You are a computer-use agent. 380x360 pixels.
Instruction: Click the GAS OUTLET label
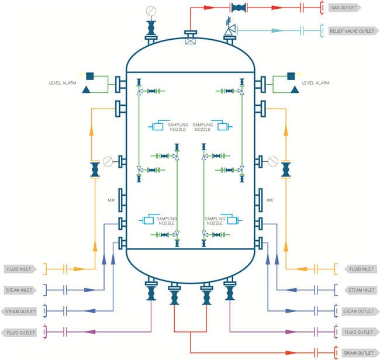click(x=344, y=8)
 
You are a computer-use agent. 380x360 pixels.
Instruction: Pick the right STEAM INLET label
click(x=361, y=289)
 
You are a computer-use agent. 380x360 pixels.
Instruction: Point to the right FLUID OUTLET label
click(x=359, y=333)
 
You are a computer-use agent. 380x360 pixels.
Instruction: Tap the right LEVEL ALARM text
click(x=316, y=84)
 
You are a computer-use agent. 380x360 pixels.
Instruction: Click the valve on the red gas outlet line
click(x=238, y=8)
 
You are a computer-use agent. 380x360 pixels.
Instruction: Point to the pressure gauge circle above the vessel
click(x=151, y=9)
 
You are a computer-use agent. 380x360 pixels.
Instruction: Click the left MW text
click(x=110, y=200)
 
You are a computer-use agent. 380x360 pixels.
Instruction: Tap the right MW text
click(x=270, y=200)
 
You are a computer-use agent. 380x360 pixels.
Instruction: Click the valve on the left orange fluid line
click(x=94, y=170)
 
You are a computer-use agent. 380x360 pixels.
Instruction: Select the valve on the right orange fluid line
click(x=286, y=170)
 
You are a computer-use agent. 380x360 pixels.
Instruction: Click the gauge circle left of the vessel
click(x=107, y=161)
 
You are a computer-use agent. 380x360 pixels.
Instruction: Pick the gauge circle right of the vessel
click(x=272, y=161)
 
